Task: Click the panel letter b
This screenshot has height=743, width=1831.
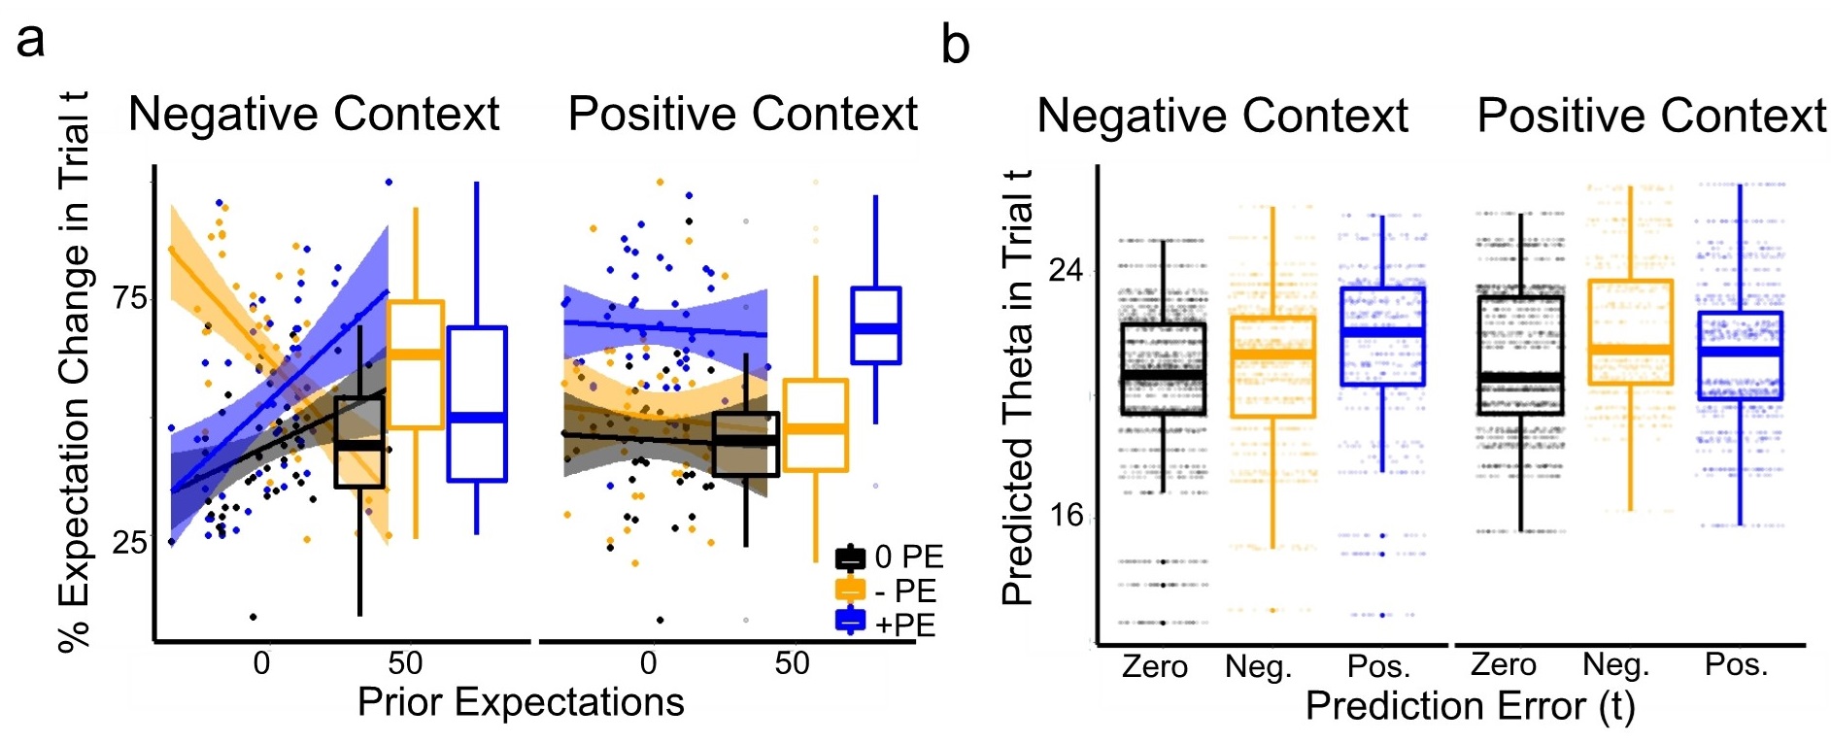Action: [955, 46]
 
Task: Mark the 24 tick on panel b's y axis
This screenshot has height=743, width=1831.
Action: [1066, 270]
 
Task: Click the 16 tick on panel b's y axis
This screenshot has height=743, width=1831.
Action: [1066, 515]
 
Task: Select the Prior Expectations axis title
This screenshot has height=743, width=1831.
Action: [521, 702]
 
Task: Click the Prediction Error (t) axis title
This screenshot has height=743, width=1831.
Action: [1470, 706]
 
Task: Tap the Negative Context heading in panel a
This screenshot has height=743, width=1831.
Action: [314, 115]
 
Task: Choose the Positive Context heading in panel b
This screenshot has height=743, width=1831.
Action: [1651, 117]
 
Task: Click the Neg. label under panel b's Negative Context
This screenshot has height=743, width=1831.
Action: [1258, 667]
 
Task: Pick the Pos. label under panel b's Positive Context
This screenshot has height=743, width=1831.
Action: [1736, 665]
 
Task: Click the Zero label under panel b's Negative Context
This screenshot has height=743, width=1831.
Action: [1155, 667]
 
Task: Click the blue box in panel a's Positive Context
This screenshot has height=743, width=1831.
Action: [876, 325]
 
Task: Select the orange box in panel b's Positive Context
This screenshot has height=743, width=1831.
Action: [1631, 332]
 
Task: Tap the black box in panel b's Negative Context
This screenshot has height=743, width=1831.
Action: [1164, 369]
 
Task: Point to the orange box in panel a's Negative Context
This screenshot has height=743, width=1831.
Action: [416, 364]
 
